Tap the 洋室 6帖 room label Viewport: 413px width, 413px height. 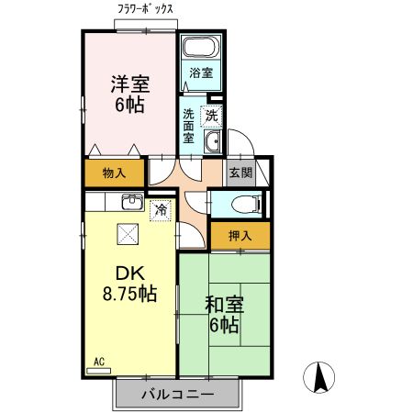click(x=129, y=93)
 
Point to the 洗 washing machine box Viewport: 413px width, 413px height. click(x=211, y=116)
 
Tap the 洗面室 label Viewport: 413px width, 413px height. click(x=188, y=126)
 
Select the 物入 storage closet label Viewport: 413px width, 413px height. click(x=114, y=173)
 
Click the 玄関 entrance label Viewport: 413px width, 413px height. click(x=240, y=172)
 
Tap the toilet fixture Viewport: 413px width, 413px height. click(x=246, y=203)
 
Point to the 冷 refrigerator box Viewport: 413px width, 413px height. click(x=161, y=210)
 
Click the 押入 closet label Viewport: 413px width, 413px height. click(x=240, y=236)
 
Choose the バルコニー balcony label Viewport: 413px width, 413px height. click(x=177, y=394)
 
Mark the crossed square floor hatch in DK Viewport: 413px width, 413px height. click(x=126, y=234)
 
